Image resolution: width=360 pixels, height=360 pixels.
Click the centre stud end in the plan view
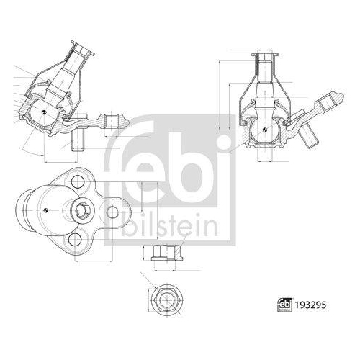tap(81, 210)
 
